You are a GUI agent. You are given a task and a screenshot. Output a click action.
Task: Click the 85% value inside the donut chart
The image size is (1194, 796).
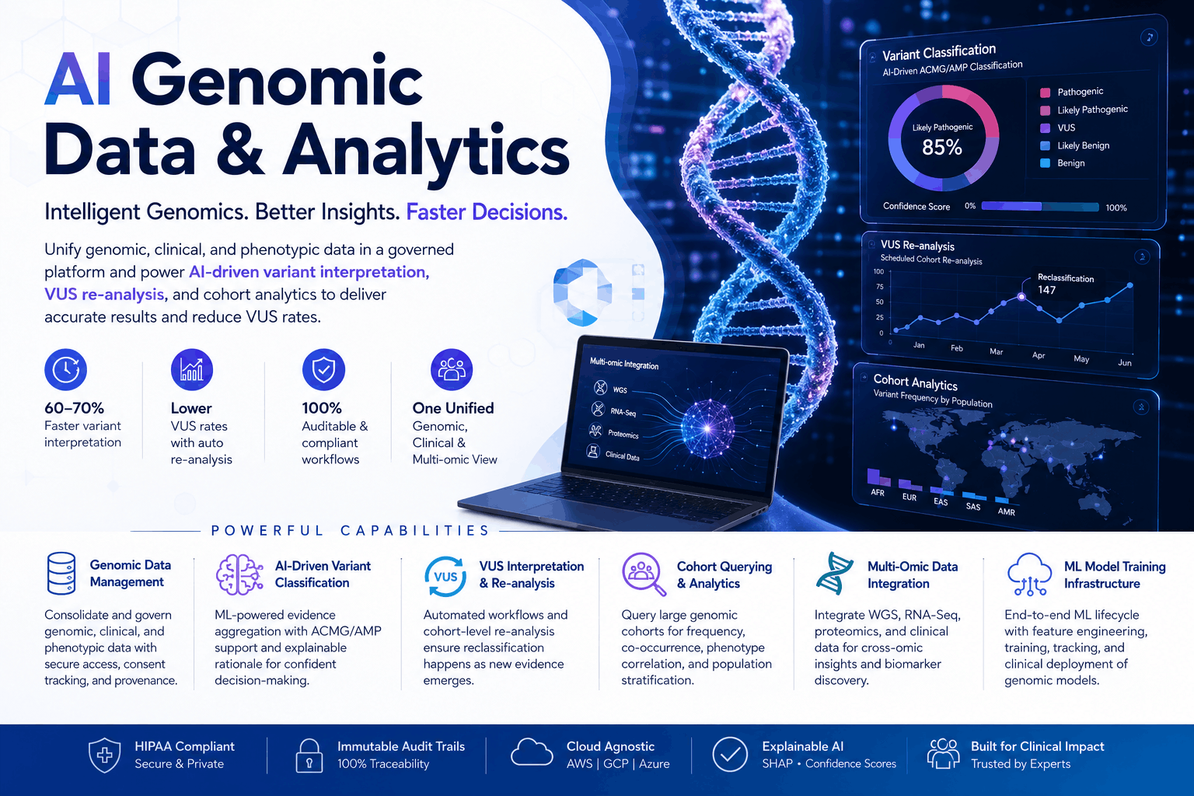(x=942, y=147)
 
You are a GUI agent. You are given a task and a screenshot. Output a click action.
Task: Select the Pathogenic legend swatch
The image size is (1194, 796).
(x=1045, y=93)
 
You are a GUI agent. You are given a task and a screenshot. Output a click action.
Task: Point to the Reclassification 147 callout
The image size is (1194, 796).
(x=1065, y=285)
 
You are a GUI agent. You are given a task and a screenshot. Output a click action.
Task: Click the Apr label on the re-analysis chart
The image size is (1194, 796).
(x=1039, y=355)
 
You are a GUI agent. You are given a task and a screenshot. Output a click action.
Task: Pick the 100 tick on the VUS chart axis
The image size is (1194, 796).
(x=878, y=271)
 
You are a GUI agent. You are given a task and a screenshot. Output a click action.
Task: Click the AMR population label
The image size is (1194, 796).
(x=1006, y=511)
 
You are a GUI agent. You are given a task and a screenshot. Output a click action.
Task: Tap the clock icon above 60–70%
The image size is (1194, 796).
(x=65, y=369)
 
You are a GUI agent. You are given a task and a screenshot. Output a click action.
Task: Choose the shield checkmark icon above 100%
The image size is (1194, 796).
(x=323, y=369)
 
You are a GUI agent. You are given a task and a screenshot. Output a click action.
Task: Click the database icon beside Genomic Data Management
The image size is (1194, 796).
(x=61, y=573)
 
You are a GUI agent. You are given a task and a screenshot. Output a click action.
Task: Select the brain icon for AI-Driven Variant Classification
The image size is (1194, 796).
(x=239, y=574)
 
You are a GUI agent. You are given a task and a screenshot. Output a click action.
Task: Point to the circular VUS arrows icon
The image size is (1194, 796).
(x=445, y=576)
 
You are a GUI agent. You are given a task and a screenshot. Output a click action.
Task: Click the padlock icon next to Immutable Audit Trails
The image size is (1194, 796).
(x=309, y=756)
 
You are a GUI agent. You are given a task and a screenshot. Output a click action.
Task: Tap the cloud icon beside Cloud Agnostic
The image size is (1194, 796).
(x=532, y=752)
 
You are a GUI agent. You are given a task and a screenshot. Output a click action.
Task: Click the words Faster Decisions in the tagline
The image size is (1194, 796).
(x=487, y=212)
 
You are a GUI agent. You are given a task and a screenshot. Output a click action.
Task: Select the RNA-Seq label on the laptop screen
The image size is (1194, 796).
(x=623, y=412)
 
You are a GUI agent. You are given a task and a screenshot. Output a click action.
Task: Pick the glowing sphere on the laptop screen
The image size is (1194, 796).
(x=707, y=428)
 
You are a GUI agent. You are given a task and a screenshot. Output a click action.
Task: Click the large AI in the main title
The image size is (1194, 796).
(x=79, y=79)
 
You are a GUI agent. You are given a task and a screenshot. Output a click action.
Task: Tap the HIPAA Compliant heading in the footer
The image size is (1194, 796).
(x=184, y=746)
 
